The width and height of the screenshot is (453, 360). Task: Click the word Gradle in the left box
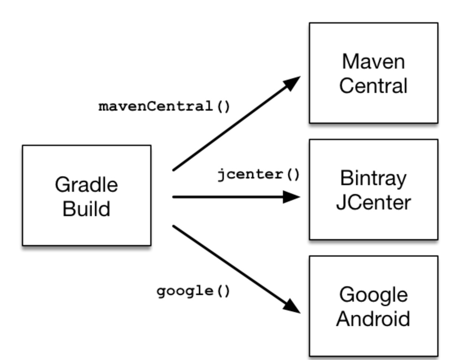click(86, 185)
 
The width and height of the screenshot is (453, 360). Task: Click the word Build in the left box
click(86, 209)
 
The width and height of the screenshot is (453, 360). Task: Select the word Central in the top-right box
click(373, 86)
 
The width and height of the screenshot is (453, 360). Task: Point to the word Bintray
click(373, 178)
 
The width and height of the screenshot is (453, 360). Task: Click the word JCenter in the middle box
click(373, 202)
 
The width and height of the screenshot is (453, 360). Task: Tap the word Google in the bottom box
click(373, 295)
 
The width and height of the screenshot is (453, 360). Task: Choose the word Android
click(373, 319)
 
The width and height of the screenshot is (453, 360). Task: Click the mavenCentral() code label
click(165, 107)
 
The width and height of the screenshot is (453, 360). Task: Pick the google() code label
click(193, 291)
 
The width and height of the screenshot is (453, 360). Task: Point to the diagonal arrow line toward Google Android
click(229, 263)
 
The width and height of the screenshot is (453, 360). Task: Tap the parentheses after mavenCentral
click(223, 107)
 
